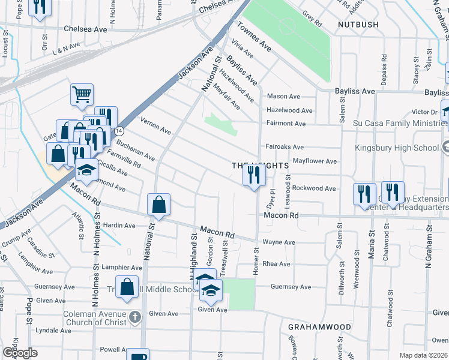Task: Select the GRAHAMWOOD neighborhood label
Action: tap(319, 327)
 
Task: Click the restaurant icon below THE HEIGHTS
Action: tap(254, 175)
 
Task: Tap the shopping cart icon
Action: tap(82, 94)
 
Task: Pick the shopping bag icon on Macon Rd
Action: tap(158, 205)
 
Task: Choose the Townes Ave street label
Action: tap(254, 38)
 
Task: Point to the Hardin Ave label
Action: tap(119, 226)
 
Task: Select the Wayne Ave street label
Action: tap(279, 242)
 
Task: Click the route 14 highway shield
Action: tap(120, 130)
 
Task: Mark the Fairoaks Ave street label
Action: tap(285, 146)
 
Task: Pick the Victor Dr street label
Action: tap(424, 112)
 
